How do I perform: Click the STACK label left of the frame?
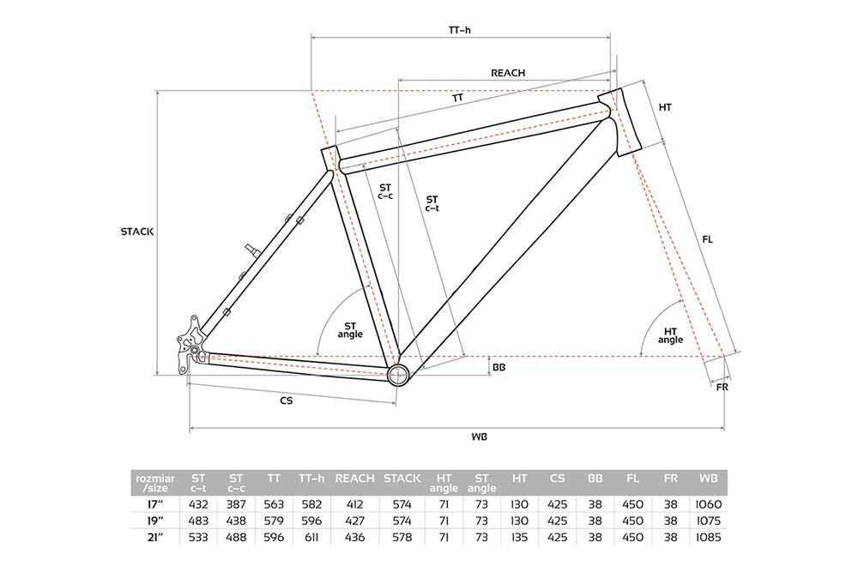136,232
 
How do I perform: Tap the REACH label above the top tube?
508,73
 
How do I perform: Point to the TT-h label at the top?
460,30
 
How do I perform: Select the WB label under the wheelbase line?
479,437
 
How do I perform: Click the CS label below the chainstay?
287,400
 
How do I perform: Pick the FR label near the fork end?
722,387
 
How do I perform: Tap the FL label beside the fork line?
708,239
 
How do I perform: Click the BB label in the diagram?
499,368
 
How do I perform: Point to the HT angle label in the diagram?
670,335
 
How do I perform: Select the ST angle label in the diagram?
350,330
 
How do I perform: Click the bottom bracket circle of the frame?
398,375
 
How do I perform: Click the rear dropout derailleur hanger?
189,345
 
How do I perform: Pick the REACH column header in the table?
354,479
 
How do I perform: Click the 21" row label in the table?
155,537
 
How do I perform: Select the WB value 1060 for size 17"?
709,504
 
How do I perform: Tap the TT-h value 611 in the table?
312,537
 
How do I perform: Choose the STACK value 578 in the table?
402,537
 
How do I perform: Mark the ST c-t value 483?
198,521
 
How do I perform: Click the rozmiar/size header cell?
155,483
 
